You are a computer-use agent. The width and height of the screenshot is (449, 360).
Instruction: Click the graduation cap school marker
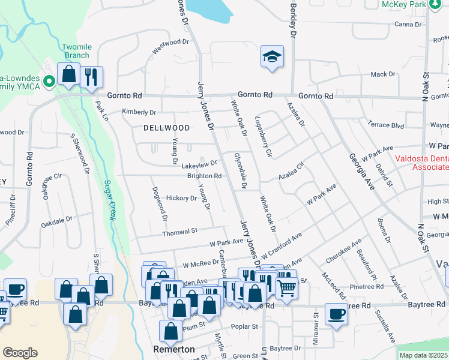tap(272, 57)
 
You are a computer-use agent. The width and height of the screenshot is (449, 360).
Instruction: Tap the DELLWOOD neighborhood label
tap(167, 128)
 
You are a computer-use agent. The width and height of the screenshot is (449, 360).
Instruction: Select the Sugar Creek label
tap(109, 200)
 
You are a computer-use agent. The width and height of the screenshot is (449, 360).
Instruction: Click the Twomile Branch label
tap(77, 51)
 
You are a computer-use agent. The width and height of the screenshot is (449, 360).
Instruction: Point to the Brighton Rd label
tap(205, 176)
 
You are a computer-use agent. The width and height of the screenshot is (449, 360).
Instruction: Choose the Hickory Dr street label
tap(181, 197)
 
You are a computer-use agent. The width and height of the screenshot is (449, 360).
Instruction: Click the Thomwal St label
tap(180, 231)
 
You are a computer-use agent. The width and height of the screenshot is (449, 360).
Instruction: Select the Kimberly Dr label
tap(139, 112)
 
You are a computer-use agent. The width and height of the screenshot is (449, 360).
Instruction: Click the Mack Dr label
tap(383, 74)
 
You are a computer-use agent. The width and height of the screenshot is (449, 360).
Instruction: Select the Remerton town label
tap(174, 349)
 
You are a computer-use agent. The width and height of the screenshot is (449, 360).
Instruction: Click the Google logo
tap(20, 353)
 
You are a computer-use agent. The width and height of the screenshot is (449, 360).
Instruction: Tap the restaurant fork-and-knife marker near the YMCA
tap(91, 76)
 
